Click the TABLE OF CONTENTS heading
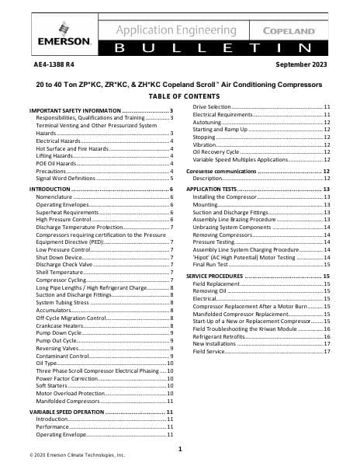pos(179,95)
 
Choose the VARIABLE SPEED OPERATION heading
pos(74,411)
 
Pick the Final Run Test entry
pos(213,264)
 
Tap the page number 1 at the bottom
pos(180,449)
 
